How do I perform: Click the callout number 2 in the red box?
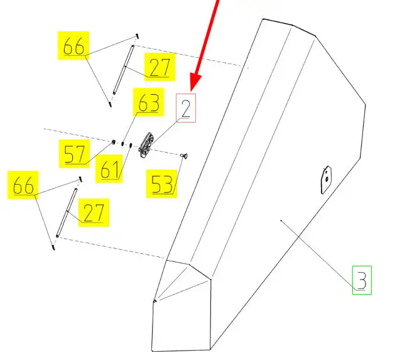(186, 109)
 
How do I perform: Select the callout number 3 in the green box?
(361, 280)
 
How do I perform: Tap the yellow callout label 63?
(148, 103)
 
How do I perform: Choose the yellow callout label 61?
(111, 170)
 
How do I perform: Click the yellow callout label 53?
(161, 185)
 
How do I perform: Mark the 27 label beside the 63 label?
(159, 68)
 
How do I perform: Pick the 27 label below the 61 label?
(93, 213)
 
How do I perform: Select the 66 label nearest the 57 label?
(24, 187)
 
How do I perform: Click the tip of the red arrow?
(192, 88)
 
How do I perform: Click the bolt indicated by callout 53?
(185, 155)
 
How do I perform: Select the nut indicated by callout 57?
(113, 143)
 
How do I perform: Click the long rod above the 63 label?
(124, 70)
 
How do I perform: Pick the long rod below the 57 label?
(67, 212)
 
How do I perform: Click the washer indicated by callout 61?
(130, 146)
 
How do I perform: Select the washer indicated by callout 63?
(122, 145)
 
